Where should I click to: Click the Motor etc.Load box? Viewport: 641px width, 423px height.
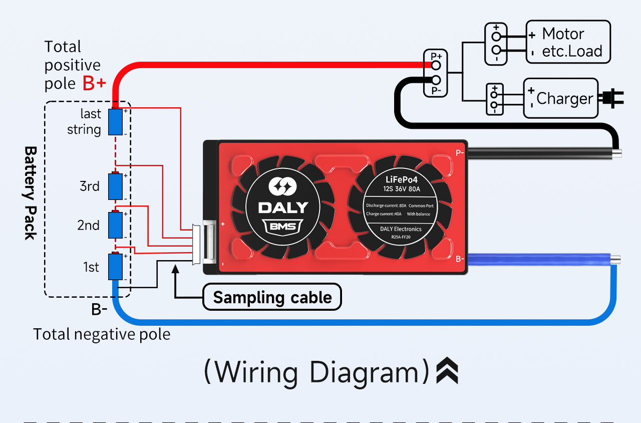568,42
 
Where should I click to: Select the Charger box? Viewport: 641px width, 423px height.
561,98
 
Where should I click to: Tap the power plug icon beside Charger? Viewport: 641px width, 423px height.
613,98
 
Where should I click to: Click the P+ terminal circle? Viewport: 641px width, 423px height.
436,65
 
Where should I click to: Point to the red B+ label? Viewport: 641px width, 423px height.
94,84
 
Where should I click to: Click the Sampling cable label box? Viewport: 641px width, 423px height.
272,297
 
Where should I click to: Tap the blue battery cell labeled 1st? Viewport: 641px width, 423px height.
116,267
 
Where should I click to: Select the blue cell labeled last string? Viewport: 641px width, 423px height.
116,121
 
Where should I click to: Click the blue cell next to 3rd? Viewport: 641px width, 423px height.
116,186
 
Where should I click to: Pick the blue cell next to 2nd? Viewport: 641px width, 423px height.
116,226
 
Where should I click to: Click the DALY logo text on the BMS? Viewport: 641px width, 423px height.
283,207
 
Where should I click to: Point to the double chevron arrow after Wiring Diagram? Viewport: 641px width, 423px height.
447,371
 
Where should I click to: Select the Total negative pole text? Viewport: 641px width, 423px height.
102,334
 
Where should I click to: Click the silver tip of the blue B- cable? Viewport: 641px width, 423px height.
615,259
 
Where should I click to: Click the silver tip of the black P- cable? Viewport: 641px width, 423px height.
617,154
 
